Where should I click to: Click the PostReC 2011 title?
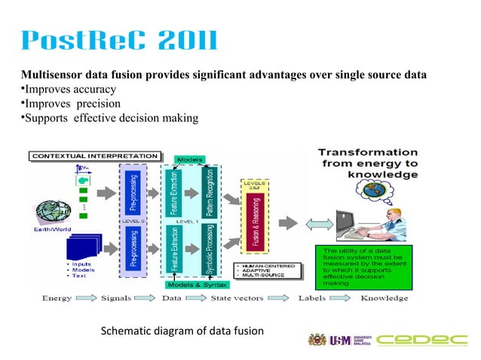(x=119, y=41)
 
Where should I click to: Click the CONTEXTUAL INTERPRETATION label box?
(x=94, y=156)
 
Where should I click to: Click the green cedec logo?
(x=421, y=340)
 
